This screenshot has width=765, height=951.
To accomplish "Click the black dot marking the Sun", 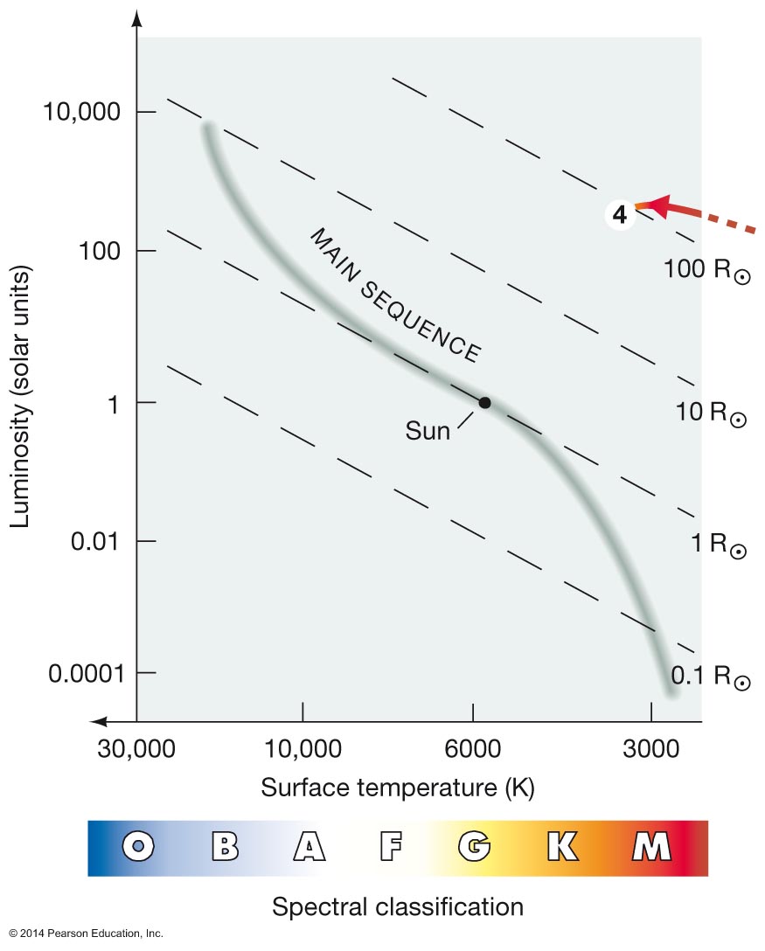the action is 484,402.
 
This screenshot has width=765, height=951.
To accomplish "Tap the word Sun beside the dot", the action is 428,431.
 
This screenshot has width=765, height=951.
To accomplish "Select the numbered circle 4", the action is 619,215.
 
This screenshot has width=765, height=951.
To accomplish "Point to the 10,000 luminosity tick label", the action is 81,112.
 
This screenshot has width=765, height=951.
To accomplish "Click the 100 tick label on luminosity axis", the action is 100,251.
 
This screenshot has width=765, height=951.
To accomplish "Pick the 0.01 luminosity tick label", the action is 94,541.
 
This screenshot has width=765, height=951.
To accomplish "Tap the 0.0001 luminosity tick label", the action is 87,673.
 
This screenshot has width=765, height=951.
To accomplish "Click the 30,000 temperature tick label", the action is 136,749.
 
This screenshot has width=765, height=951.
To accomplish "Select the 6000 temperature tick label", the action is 473,749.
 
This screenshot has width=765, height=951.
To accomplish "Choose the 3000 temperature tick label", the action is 651,749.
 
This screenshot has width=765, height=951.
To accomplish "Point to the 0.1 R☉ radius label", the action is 711,676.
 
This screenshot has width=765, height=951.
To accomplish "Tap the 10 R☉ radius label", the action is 711,413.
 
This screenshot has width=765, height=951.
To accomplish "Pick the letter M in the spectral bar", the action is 651,846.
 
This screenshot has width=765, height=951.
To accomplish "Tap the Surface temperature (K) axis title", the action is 398,788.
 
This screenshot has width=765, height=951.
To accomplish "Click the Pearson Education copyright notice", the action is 87,934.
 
